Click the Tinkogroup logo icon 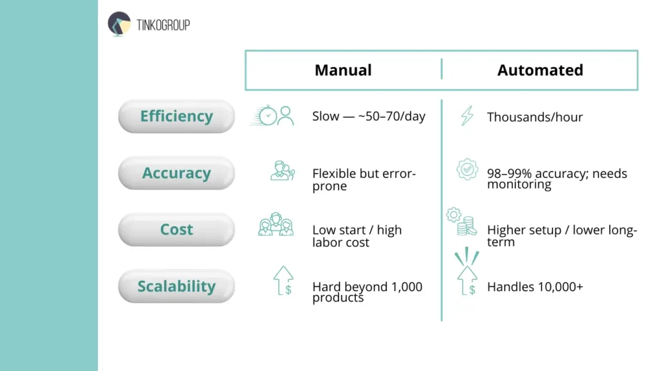click(x=119, y=24)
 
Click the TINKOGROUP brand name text click(x=163, y=25)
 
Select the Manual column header click(x=343, y=70)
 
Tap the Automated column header click(x=540, y=70)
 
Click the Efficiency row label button click(x=176, y=117)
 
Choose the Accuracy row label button click(x=176, y=173)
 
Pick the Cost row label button click(x=176, y=230)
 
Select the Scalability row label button click(x=176, y=287)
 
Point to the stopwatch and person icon click(x=272, y=116)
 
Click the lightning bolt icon click(x=467, y=116)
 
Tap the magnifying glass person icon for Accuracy click(x=283, y=171)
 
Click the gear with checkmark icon click(x=467, y=169)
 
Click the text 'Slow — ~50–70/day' click(x=369, y=117)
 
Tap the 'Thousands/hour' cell click(x=535, y=117)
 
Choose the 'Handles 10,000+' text click(x=535, y=287)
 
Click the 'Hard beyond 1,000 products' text click(x=367, y=292)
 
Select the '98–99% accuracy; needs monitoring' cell click(x=557, y=178)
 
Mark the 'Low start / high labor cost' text click(x=357, y=236)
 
